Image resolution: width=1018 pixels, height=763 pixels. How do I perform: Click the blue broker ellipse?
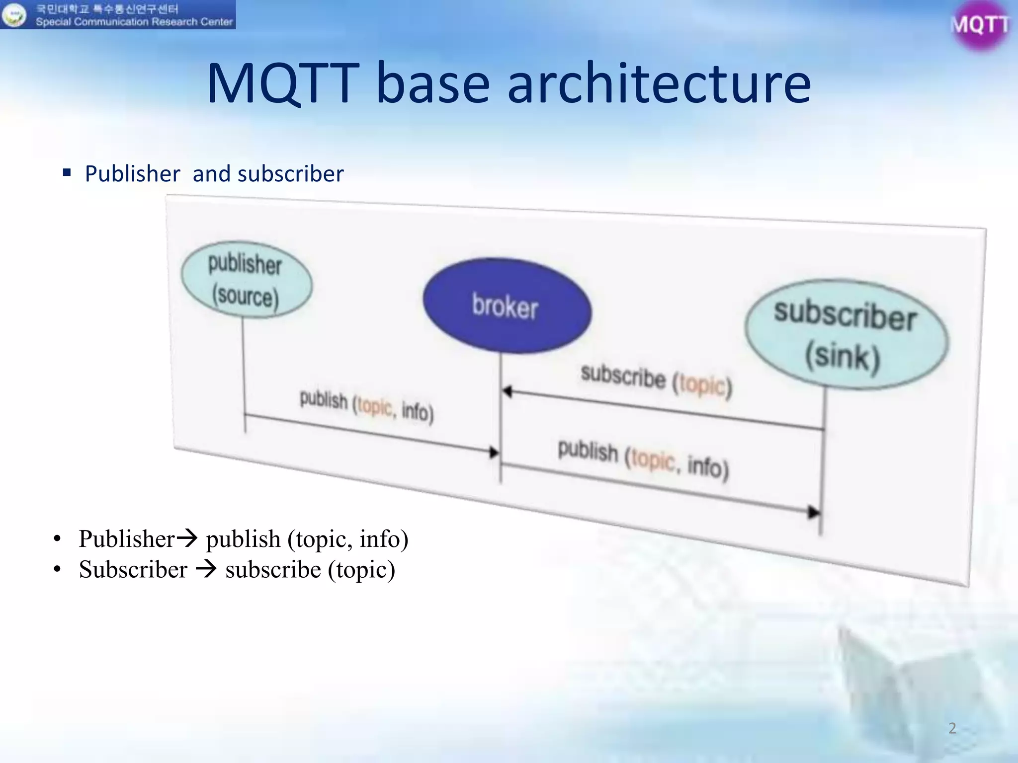(507, 305)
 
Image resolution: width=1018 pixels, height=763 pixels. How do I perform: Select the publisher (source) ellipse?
(247, 280)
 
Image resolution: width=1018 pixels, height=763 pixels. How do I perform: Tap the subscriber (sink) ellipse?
(846, 334)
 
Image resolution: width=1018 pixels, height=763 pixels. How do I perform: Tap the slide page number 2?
(952, 728)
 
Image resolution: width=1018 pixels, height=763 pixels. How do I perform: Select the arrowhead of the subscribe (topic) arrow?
(507, 391)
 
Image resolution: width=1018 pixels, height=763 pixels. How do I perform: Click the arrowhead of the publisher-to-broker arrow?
(494, 452)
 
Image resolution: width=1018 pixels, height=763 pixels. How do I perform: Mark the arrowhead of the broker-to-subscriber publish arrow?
(813, 512)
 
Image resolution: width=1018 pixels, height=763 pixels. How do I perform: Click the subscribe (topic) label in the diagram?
(656, 381)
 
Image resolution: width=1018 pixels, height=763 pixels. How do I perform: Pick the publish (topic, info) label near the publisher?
(366, 406)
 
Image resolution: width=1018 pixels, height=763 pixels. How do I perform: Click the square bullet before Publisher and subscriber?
(67, 173)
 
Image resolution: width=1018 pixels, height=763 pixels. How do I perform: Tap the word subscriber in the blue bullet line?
(290, 174)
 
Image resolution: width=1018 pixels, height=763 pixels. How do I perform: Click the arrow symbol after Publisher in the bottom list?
(187, 538)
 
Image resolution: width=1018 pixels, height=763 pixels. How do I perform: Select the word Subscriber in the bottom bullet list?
(133, 569)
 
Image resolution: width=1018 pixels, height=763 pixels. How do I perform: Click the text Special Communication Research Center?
(134, 22)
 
